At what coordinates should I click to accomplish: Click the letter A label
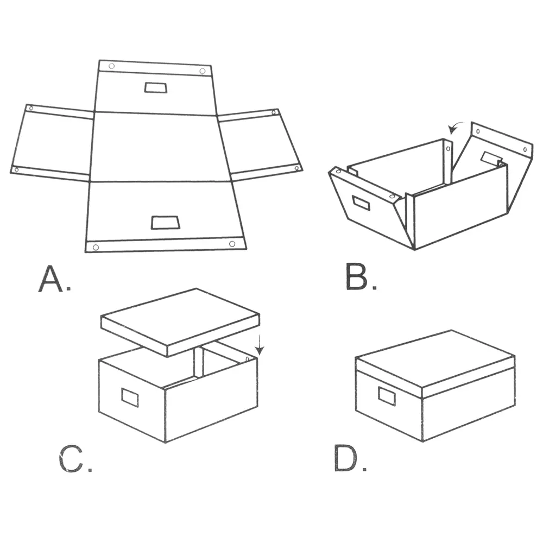(51, 279)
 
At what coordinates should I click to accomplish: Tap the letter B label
(356, 277)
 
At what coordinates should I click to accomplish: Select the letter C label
(71, 459)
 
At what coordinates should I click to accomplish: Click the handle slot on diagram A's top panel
(156, 87)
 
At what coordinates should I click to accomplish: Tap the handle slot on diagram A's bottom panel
(166, 223)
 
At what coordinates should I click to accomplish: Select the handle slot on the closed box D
(387, 396)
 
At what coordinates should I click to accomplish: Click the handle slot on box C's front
(130, 397)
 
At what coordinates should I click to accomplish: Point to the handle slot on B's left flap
(361, 203)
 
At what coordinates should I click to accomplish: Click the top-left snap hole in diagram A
(111, 66)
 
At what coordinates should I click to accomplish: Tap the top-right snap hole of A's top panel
(203, 71)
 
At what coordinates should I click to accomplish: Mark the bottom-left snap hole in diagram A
(96, 247)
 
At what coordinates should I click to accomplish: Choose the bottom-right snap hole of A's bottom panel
(232, 244)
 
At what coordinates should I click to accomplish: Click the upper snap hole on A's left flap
(31, 109)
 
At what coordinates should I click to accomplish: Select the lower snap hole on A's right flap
(297, 168)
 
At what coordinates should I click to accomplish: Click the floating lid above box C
(180, 322)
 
